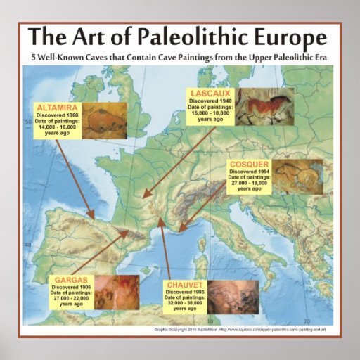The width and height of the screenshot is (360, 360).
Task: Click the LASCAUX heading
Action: click(x=205, y=93)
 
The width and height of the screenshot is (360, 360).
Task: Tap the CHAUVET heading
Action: click(x=185, y=285)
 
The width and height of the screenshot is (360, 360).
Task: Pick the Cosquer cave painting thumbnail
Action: click(x=297, y=176)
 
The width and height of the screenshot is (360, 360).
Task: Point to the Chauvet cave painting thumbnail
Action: click(x=239, y=296)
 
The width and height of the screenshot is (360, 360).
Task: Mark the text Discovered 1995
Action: click(x=186, y=292)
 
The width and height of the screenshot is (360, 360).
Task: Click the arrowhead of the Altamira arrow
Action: click(x=91, y=215)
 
